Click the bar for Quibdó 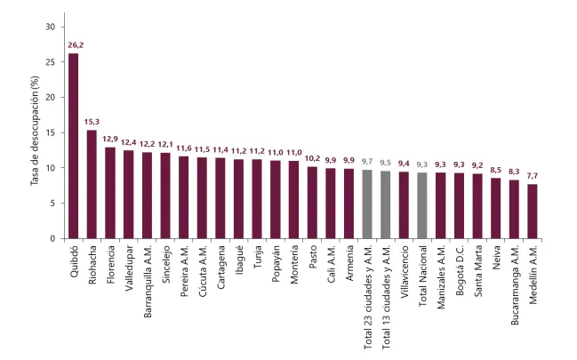tap(73, 146)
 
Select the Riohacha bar tap(92, 184)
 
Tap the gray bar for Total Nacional tap(422, 205)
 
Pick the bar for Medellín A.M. tap(533, 211)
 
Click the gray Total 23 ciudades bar tap(367, 204)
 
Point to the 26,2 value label tap(73, 44)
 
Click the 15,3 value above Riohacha tap(92, 121)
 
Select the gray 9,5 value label tap(386, 162)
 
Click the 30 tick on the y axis tap(50, 27)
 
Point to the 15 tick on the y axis tap(50, 132)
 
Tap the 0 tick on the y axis tap(52, 238)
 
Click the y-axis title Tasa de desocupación tap(35, 132)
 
